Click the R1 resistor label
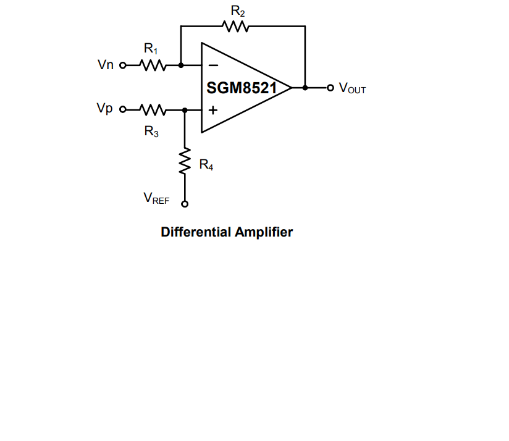pos(151,49)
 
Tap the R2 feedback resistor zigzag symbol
pos(235,26)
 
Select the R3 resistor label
pos(151,131)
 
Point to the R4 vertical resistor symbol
pos(184,161)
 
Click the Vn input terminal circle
pos(122,65)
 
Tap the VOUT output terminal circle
pos(330,88)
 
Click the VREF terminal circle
pos(184,205)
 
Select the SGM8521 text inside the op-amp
pos(242,88)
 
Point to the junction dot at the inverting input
pos(180,65)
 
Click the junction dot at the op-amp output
pos(305,88)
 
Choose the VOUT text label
pos(352,88)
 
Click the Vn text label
pos(106,65)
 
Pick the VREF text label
pos(156,198)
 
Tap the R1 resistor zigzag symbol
pos(151,65)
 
